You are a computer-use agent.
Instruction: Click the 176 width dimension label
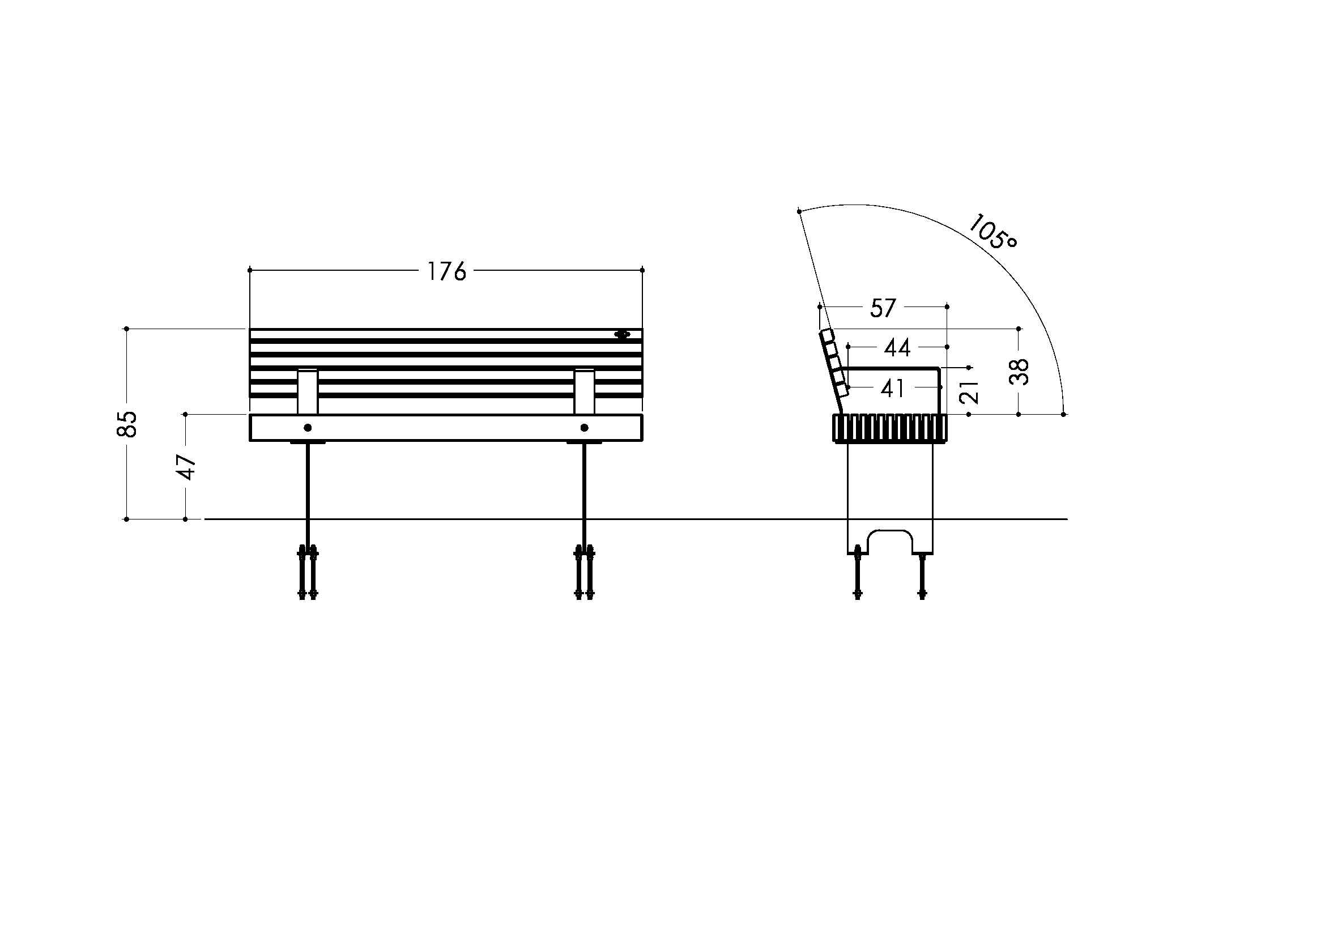coord(446,271)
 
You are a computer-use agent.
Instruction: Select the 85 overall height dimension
coord(127,424)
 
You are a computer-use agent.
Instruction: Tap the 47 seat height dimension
coord(186,467)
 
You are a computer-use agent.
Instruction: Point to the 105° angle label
coord(992,232)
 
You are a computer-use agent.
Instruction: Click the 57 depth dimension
coord(883,308)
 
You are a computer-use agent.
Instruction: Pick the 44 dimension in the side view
coord(897,348)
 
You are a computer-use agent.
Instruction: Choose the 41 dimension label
coord(893,389)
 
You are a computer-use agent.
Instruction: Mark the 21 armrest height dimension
coord(973,391)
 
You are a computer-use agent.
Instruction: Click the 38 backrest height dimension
coord(1020,372)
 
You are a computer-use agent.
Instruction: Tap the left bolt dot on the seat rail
coord(308,428)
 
